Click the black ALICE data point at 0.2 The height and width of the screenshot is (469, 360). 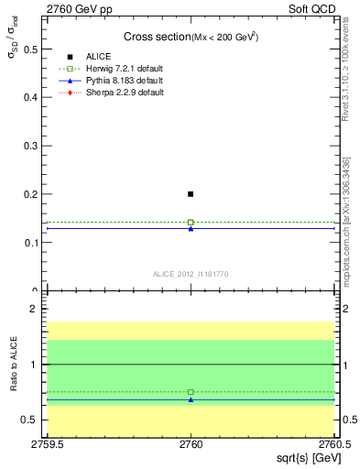[x=191, y=194]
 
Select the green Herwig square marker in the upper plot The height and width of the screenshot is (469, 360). [x=191, y=222]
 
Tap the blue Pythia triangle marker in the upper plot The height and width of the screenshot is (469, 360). [x=191, y=228]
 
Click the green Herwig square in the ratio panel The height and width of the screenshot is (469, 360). [x=191, y=392]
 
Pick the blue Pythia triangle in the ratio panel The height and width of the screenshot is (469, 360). [x=191, y=399]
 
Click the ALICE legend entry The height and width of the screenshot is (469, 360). [x=99, y=57]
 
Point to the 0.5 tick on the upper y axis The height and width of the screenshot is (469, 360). [x=36, y=49]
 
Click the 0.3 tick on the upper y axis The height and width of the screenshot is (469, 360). [x=36, y=146]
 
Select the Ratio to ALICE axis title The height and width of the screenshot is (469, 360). [x=13, y=365]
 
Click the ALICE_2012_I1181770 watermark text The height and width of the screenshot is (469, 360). [x=191, y=273]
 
